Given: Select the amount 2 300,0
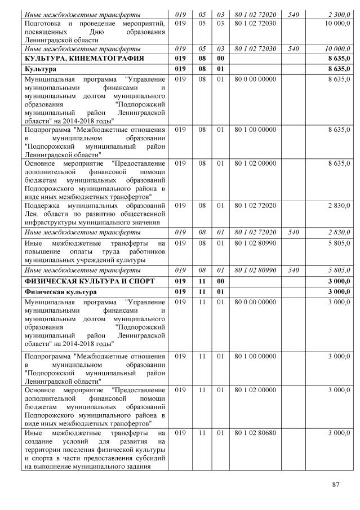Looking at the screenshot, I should (x=338, y=14).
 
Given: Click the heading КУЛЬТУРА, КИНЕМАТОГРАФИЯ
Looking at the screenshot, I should (x=84, y=58).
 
